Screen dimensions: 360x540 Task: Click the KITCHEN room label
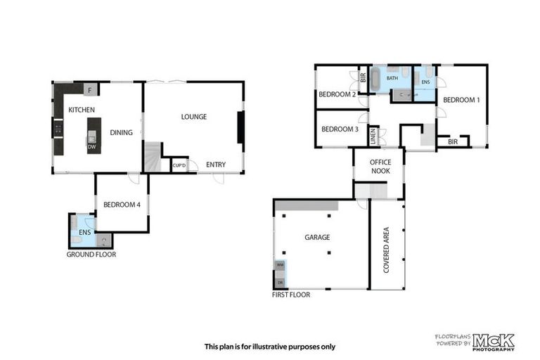(82, 110)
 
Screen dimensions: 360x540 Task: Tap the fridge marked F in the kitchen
(90, 89)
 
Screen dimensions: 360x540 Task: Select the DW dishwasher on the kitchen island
(91, 147)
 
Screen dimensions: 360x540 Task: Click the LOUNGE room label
(193, 117)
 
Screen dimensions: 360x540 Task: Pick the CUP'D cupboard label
(179, 165)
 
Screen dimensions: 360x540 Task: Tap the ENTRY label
(216, 165)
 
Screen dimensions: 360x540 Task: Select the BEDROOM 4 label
(122, 205)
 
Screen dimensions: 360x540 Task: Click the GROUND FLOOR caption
(91, 255)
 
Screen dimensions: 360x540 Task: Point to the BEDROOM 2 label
(337, 95)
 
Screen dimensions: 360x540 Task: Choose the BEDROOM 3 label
(340, 129)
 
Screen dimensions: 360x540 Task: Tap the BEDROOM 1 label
(461, 100)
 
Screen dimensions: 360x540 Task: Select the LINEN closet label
(373, 136)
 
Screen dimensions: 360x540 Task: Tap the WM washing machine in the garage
(280, 265)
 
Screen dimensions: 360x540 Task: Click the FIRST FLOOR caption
(291, 295)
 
